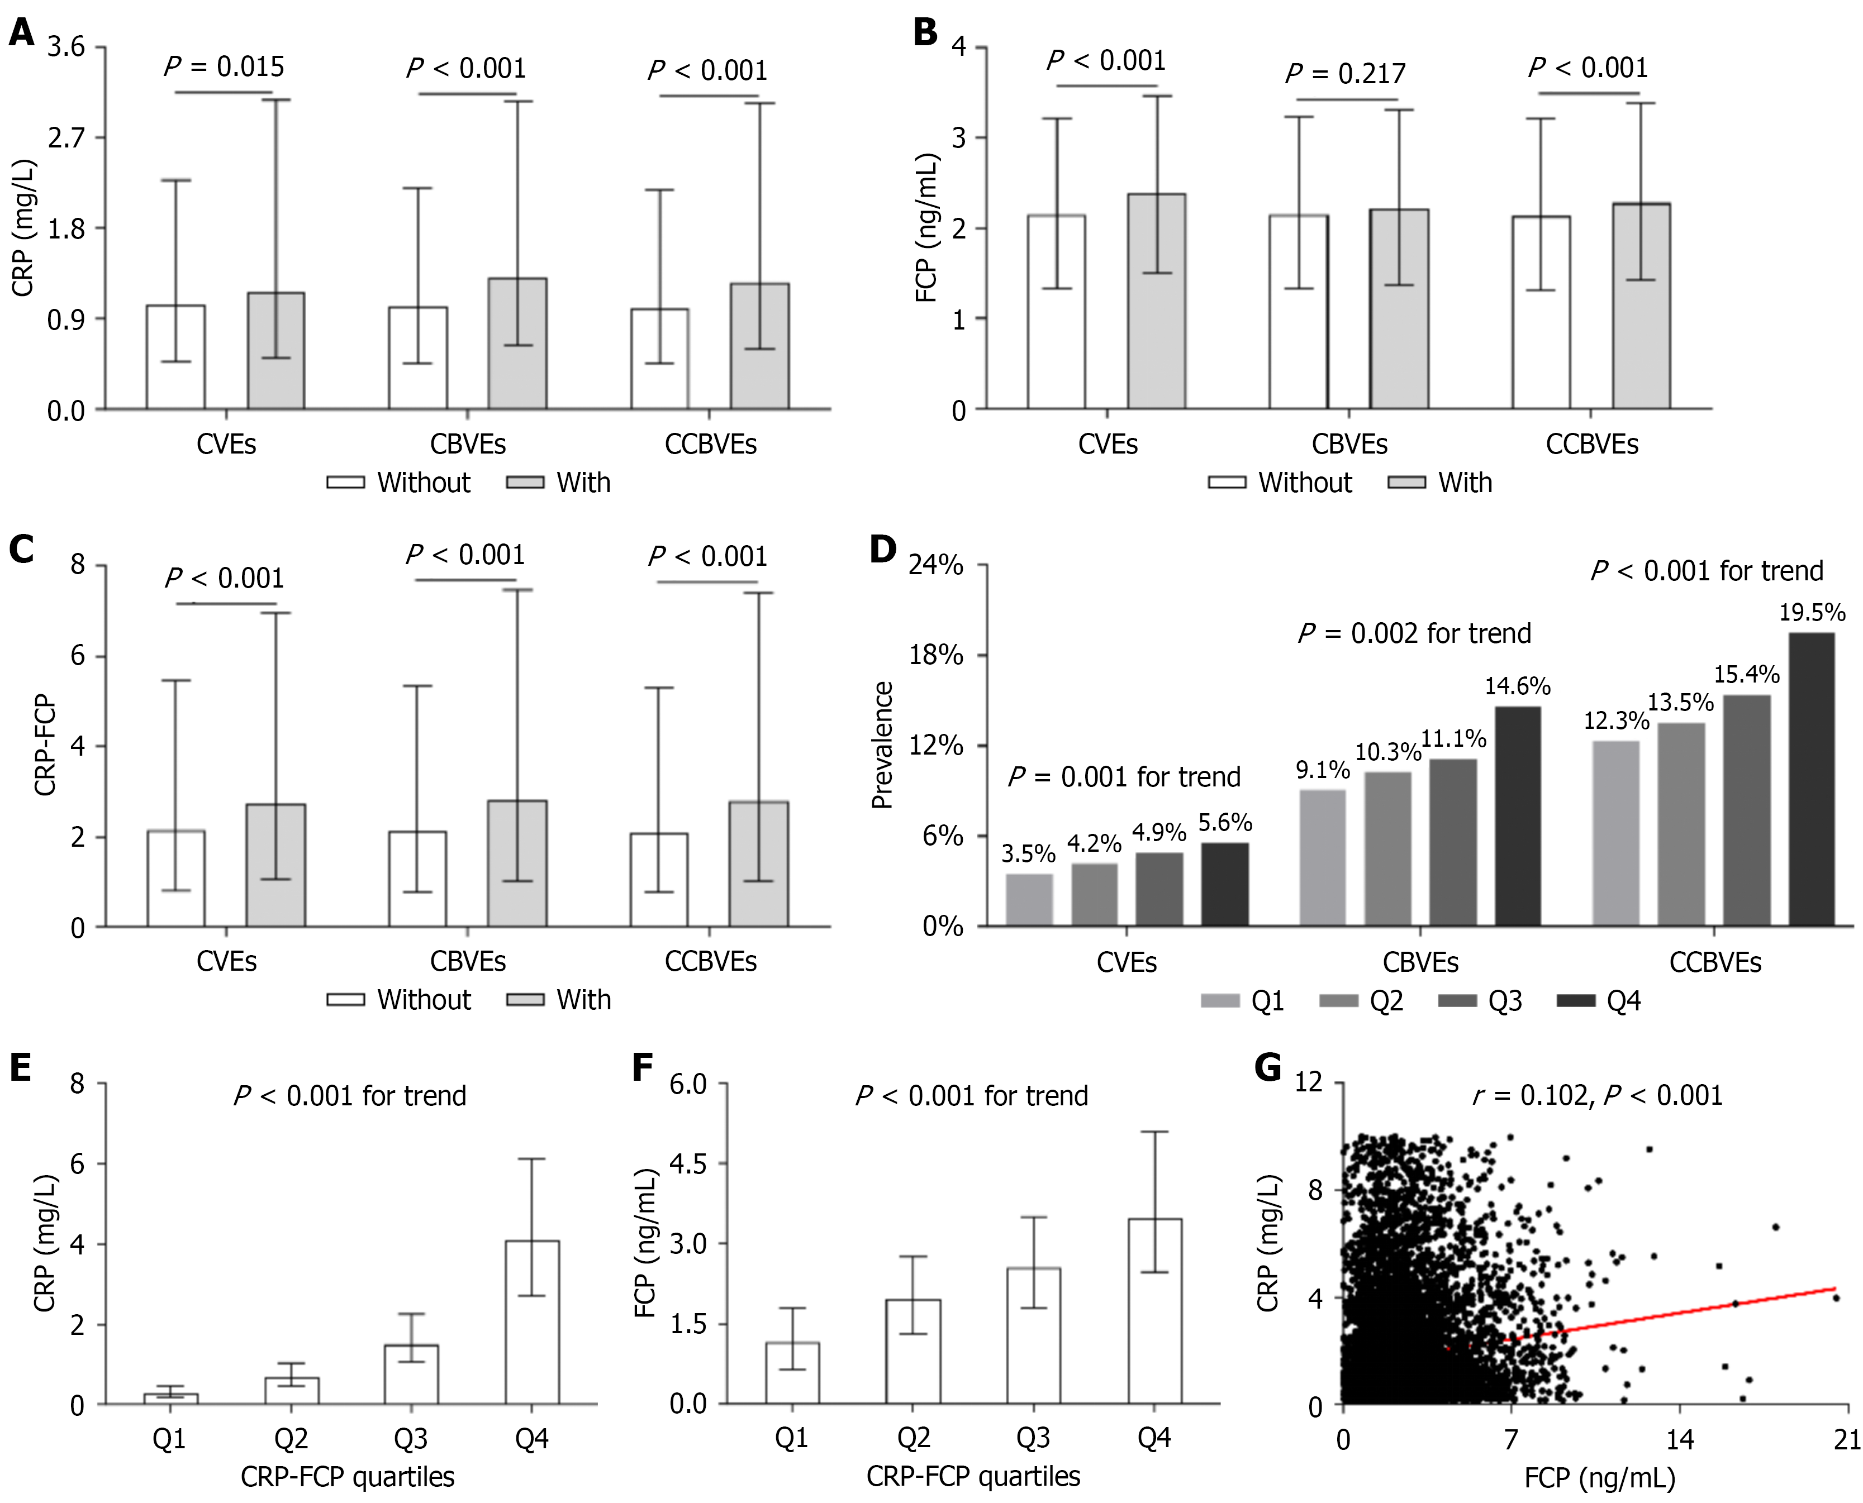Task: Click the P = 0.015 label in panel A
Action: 224,66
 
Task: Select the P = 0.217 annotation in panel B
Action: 1345,74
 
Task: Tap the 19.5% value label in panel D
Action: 1812,613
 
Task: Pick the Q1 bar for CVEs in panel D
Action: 1029,900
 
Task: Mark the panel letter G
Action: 1268,1067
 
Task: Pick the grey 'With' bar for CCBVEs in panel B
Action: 1641,306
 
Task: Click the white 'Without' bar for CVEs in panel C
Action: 176,878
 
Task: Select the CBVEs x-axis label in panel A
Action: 468,444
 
